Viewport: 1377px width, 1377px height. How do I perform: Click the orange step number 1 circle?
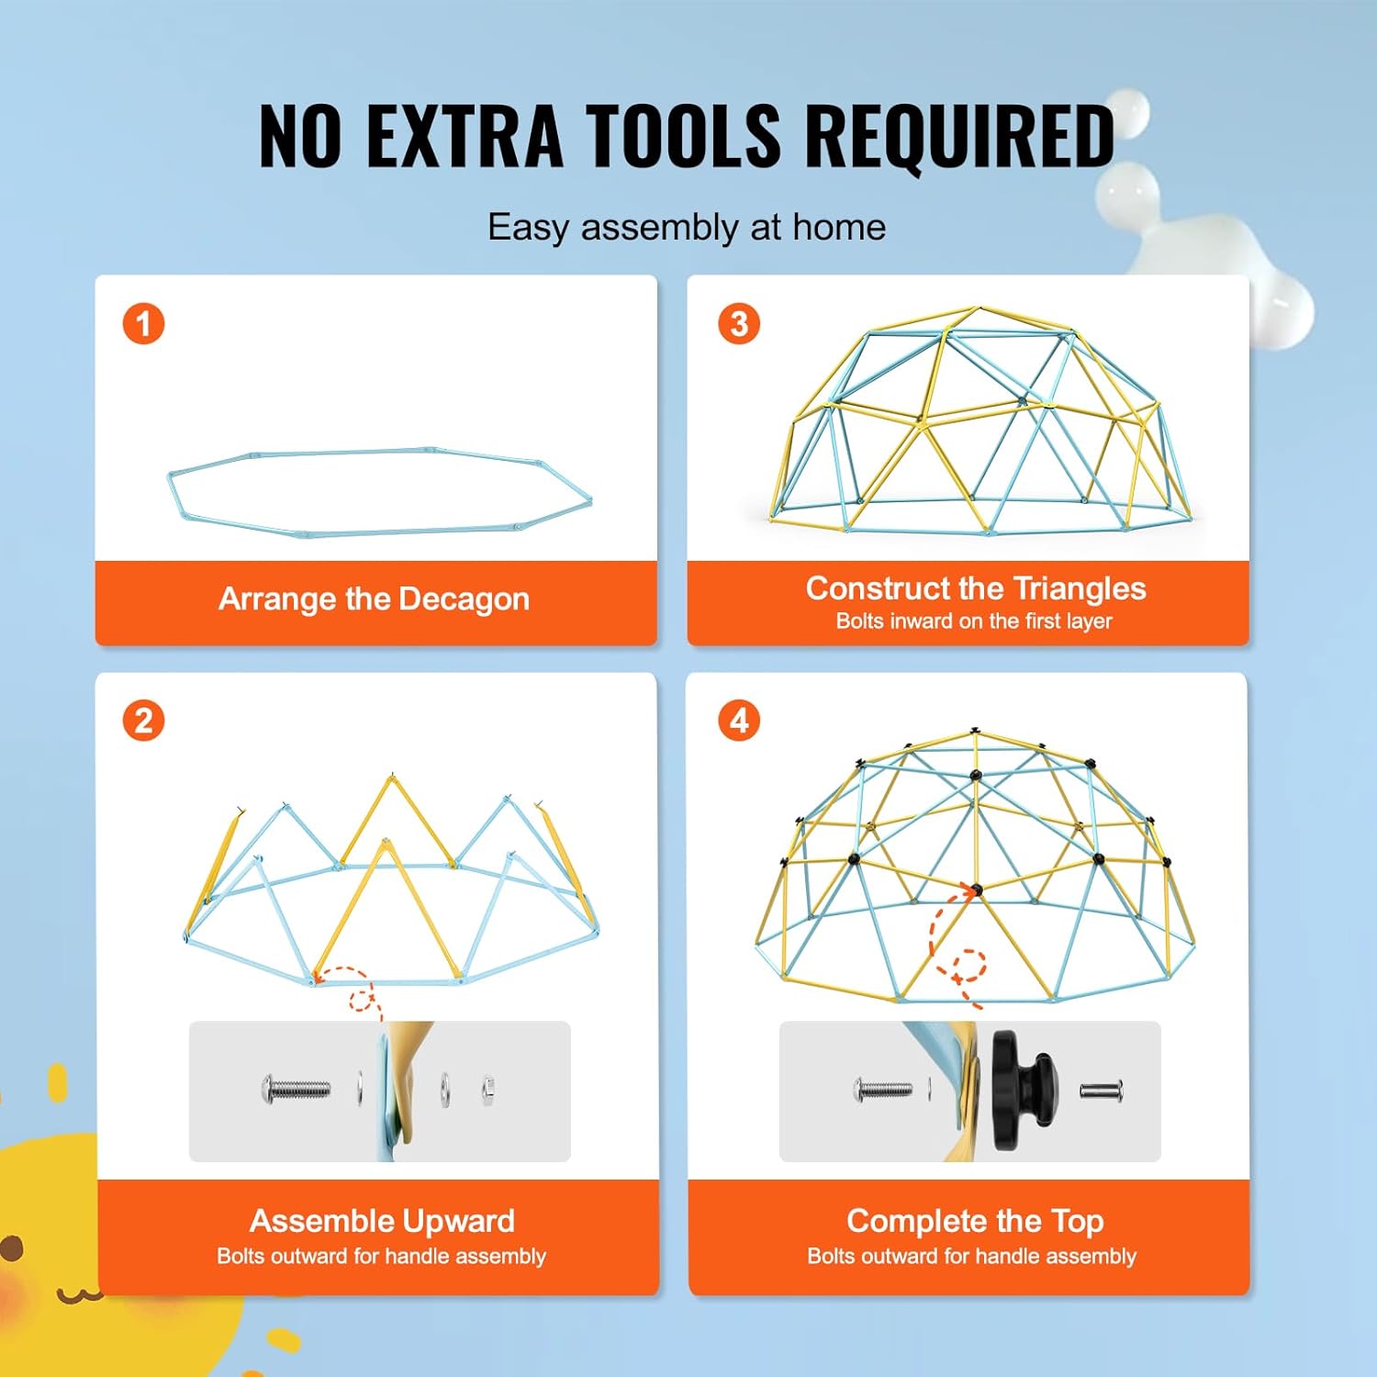pos(143,324)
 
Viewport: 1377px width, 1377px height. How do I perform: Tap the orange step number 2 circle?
pos(143,721)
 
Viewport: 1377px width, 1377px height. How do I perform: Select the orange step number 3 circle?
pos(739,324)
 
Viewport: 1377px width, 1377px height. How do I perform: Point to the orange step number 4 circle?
pos(739,721)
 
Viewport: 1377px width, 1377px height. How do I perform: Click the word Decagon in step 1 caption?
pos(465,599)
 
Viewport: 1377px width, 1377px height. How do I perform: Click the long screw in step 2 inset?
pos(296,1090)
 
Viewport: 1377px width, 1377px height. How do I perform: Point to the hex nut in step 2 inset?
pos(488,1090)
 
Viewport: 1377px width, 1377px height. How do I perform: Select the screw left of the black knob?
pos(883,1090)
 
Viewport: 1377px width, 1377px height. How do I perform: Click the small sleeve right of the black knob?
pos(1101,1091)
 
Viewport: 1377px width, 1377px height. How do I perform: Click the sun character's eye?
pos(11,1248)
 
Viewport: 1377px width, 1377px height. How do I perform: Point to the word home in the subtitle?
pos(839,227)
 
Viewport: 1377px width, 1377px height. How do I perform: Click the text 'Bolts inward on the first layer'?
pos(973,621)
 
